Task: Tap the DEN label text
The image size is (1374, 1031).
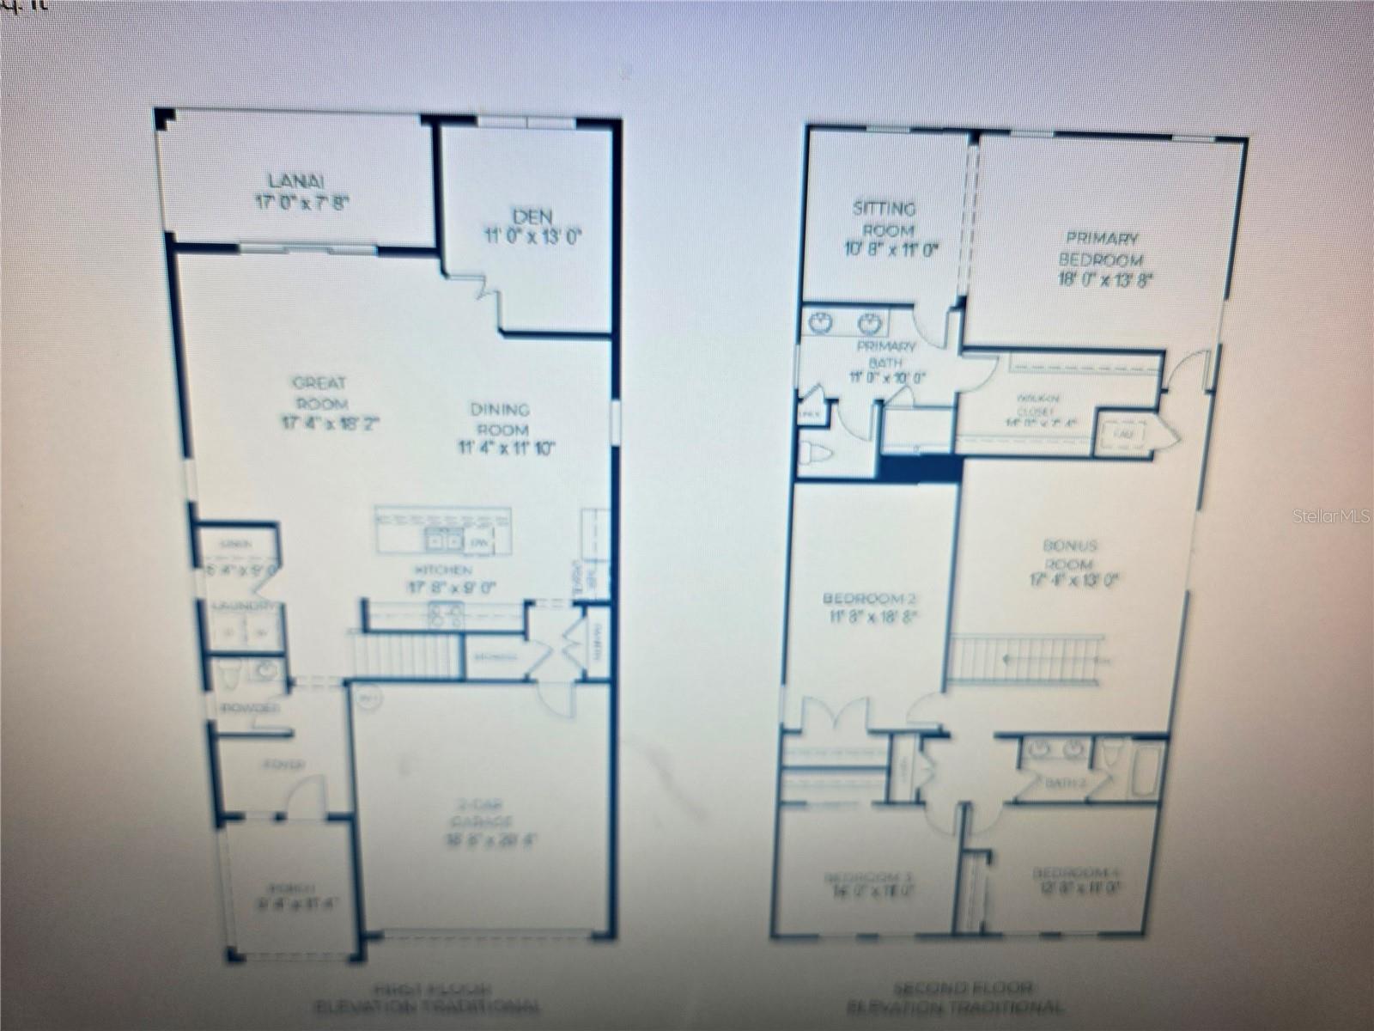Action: click(532, 217)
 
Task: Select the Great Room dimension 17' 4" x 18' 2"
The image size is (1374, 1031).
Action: click(330, 423)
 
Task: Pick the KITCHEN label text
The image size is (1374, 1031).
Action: click(443, 570)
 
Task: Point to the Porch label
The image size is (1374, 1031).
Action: click(280, 888)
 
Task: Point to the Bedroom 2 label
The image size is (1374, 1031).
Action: click(863, 599)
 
